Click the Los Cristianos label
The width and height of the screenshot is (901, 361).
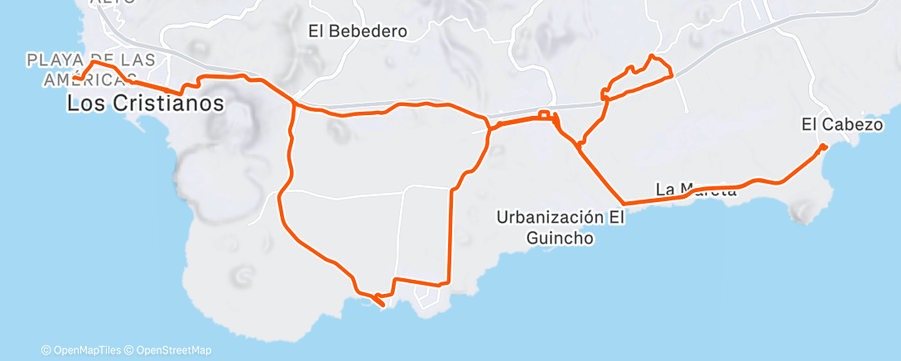click(x=145, y=104)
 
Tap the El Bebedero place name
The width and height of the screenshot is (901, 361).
click(x=359, y=31)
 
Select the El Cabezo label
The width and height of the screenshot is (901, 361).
click(x=842, y=124)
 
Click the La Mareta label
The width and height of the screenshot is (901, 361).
click(x=696, y=190)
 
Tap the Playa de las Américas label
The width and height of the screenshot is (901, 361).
click(x=90, y=69)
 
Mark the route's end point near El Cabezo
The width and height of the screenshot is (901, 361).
click(x=823, y=147)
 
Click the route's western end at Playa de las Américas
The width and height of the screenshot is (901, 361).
click(x=75, y=79)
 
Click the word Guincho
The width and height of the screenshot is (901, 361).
click(x=560, y=238)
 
